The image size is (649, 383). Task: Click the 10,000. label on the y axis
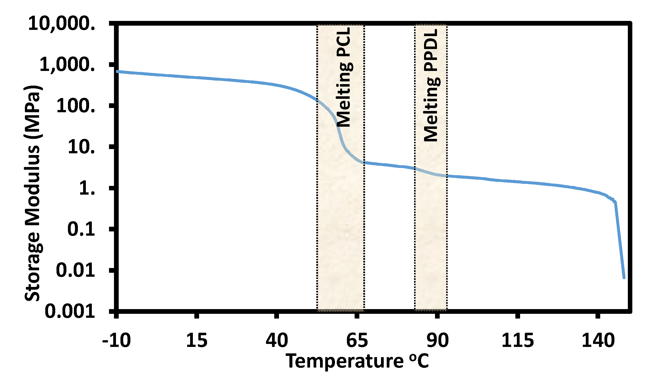[x=61, y=23]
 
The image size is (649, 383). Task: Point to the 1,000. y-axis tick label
[x=67, y=64]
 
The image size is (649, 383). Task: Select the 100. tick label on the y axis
[x=76, y=106]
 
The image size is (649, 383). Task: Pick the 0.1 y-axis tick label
[x=81, y=229]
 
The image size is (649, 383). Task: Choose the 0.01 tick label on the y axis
[x=75, y=270]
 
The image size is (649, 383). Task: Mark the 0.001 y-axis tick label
[x=70, y=311]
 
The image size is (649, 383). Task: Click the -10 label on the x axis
[x=116, y=340]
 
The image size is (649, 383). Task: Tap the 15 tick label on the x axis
[x=197, y=340]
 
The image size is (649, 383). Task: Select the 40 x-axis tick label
[x=277, y=340]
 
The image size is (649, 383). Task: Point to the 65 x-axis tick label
[x=357, y=340]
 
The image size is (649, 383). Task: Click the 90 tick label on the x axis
[x=437, y=340]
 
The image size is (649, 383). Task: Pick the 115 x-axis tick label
[x=518, y=340]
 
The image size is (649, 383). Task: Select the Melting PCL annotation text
[x=344, y=77]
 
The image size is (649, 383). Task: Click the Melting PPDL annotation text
[x=431, y=85]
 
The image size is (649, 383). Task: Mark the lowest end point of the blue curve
[x=624, y=278]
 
